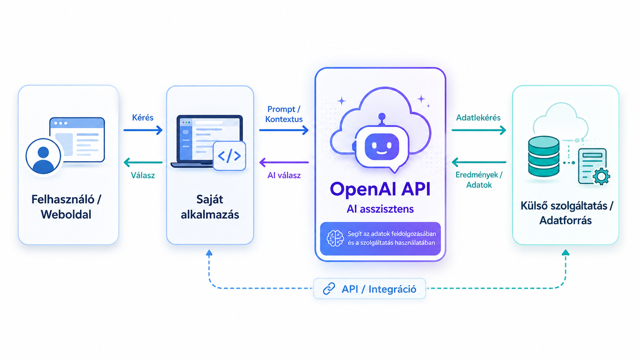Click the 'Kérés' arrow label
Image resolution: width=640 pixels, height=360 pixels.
142,117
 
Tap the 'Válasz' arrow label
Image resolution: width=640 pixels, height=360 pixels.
143,175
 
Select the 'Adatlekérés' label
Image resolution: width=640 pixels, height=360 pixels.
478,117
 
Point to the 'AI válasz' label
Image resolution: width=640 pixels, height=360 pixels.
284,175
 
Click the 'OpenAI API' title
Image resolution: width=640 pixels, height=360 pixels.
380,189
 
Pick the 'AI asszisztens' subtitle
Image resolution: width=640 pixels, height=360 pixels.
380,209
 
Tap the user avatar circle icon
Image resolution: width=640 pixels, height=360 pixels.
43,156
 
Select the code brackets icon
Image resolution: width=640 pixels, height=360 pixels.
229,156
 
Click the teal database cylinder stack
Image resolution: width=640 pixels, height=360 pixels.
544,156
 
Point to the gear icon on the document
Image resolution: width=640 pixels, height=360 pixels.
601,176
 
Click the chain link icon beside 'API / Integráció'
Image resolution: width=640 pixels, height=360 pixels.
329,288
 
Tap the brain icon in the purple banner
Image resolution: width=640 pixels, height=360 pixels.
335,238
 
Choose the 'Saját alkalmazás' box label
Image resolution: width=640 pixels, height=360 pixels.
210,207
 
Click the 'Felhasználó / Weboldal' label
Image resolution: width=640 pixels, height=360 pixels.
66,207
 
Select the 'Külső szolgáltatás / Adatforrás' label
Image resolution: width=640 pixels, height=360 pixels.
566,213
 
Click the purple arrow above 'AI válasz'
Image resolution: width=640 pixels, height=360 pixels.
284,162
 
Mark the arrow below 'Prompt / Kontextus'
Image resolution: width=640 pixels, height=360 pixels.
284,130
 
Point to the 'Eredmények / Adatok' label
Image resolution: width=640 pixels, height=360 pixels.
479,180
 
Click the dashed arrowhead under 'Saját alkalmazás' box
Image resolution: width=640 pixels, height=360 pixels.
209,252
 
